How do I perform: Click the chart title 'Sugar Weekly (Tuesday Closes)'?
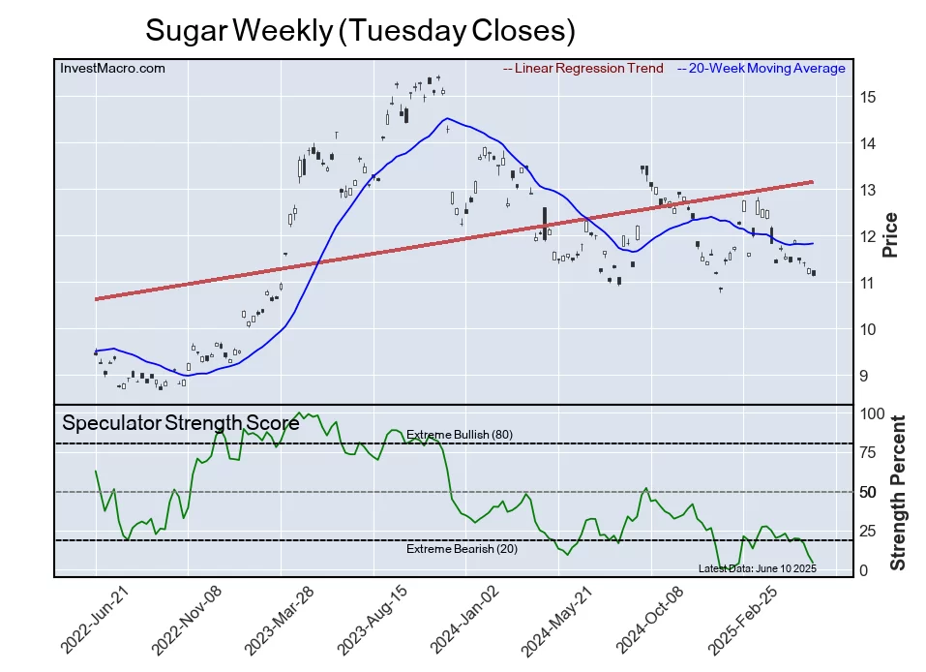360,30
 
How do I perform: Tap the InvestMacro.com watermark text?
112,69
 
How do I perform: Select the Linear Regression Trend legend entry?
583,69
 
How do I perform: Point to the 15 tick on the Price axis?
868,97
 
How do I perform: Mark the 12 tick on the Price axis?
868,236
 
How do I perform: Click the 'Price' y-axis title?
891,234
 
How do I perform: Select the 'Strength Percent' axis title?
898,492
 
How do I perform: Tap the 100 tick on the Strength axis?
872,413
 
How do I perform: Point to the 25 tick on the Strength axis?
869,532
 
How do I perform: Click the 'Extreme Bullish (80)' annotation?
460,435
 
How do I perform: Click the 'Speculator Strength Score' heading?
181,423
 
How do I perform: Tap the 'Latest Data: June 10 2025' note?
757,567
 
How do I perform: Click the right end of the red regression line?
811,181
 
